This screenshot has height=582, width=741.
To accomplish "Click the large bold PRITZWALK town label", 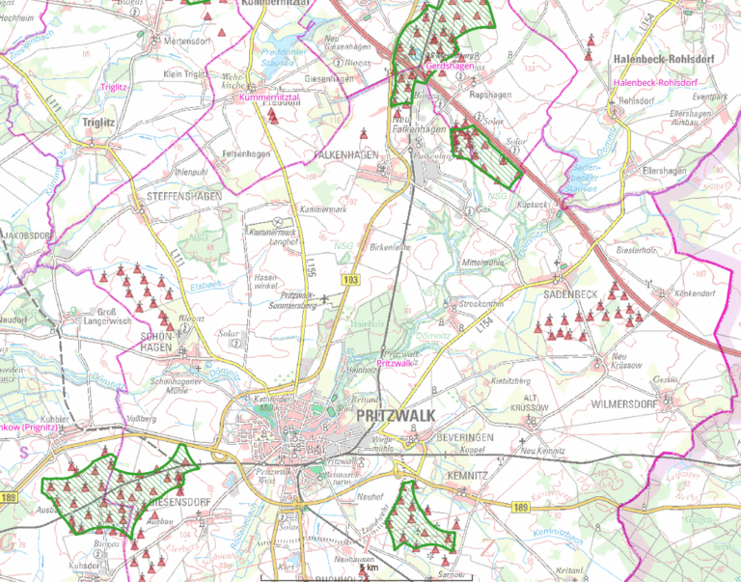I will (396, 414).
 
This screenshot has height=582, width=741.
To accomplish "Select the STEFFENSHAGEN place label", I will (184, 196).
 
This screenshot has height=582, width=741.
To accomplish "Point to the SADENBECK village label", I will (571, 292).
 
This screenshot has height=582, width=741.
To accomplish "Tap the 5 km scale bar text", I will (369, 569).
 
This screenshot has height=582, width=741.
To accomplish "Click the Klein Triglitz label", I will (185, 73).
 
